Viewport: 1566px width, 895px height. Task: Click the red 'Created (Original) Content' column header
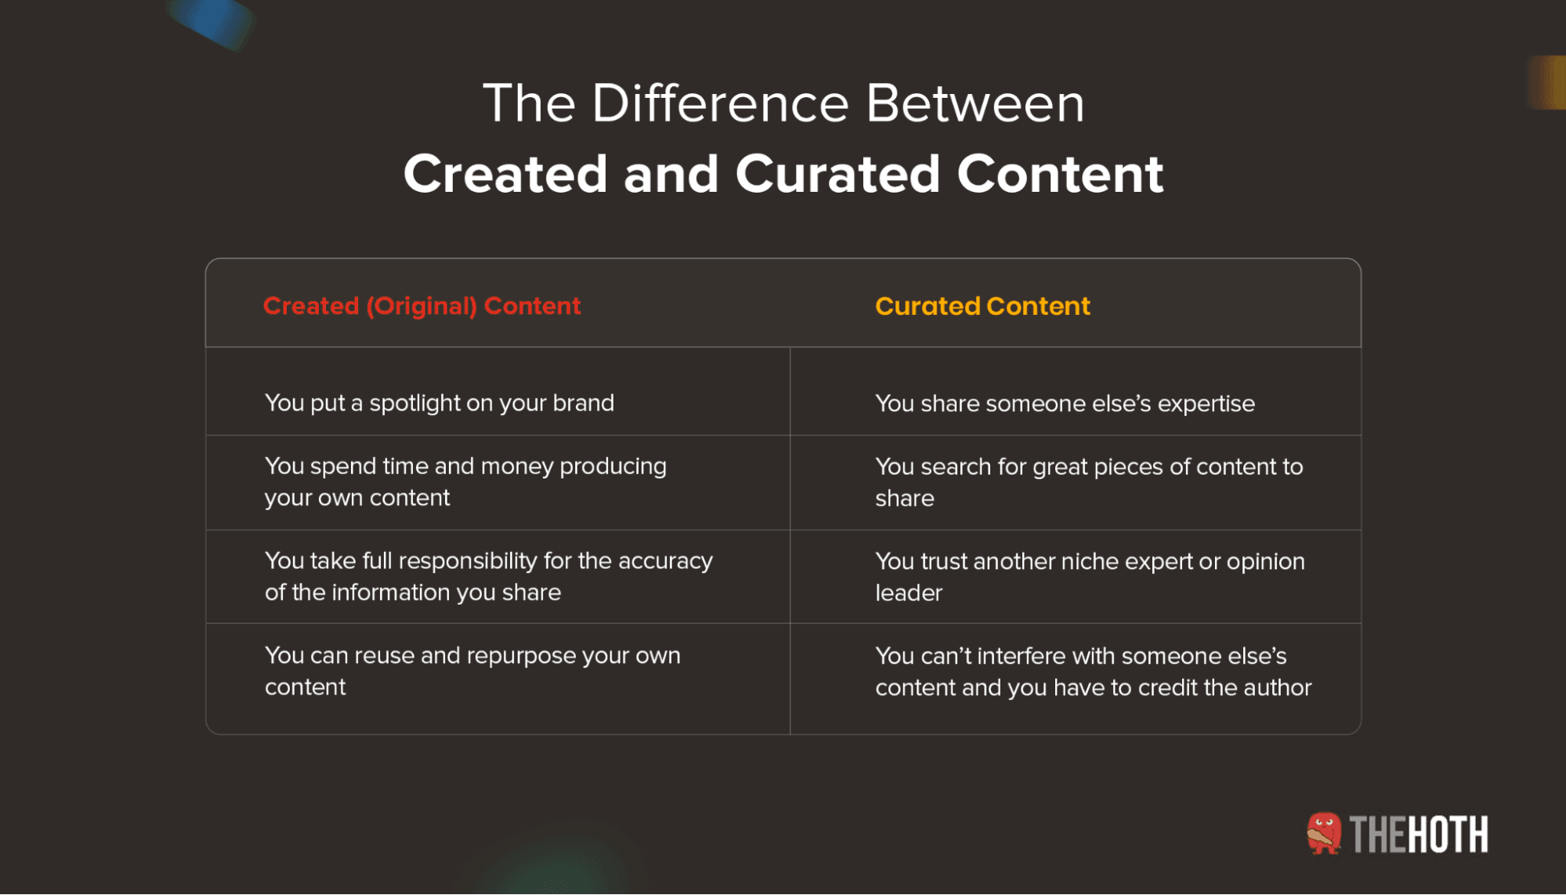click(x=421, y=305)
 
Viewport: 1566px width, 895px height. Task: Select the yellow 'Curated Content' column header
click(x=982, y=305)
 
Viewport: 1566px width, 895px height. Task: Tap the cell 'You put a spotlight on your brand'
click(x=439, y=402)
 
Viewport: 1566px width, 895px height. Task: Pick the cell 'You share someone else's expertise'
click(x=1065, y=403)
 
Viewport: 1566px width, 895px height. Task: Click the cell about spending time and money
click(x=465, y=482)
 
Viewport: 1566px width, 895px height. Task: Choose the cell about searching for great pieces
click(x=1088, y=482)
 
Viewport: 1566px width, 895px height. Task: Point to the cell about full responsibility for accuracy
click(x=488, y=576)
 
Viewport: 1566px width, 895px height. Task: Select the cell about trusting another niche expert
click(x=1089, y=577)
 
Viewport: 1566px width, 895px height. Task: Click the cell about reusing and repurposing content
click(x=472, y=671)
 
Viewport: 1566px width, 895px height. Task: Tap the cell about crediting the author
click(x=1093, y=672)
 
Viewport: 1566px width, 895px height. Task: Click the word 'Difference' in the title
click(x=720, y=103)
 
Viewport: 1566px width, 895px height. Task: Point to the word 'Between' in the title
click(x=975, y=103)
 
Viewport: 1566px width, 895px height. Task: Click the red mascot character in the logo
click(x=1323, y=833)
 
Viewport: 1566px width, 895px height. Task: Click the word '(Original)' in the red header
click(x=421, y=305)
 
